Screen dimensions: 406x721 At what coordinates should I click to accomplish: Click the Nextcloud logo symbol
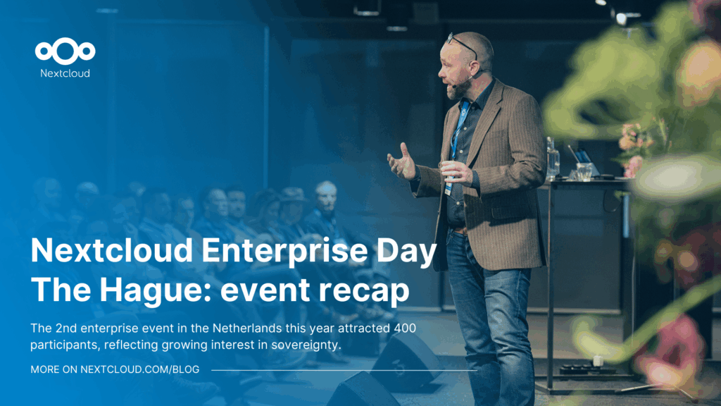pos(65,51)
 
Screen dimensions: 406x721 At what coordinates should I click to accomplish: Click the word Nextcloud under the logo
pos(65,73)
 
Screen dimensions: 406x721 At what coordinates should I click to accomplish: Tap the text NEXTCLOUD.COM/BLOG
pos(140,369)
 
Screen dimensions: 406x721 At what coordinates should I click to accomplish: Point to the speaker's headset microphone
pos(462,83)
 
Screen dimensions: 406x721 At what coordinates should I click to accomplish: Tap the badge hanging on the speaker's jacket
pos(449,188)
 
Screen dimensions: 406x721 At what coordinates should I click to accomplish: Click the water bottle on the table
pos(552,158)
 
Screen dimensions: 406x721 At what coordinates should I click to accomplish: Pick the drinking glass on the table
pos(584,171)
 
